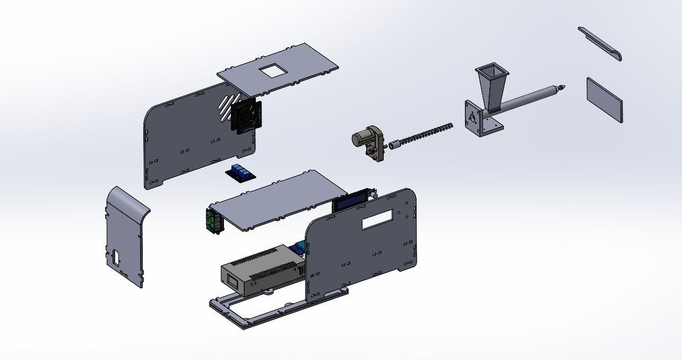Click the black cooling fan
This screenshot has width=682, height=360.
(x=246, y=116)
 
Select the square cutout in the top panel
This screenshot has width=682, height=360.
(x=274, y=70)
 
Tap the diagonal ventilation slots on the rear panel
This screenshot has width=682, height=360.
(x=227, y=105)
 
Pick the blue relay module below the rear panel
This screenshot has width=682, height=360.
(x=242, y=173)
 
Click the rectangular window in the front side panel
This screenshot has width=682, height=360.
(x=377, y=219)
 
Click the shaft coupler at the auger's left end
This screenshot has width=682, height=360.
(x=395, y=144)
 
